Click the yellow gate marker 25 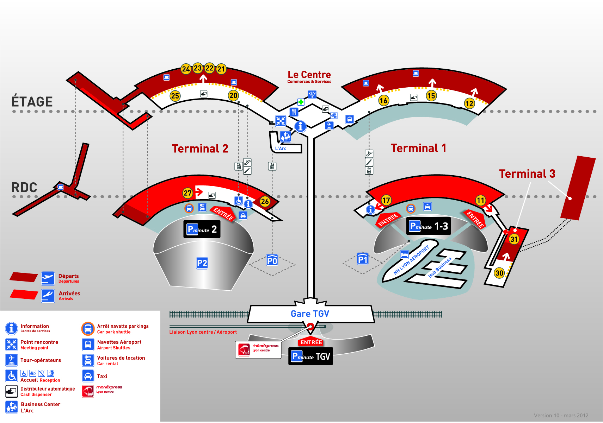coord(175,96)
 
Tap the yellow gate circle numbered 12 coord(469,103)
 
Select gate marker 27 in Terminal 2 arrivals coord(187,193)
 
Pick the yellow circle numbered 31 coord(514,239)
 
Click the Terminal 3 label coord(527,174)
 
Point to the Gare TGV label coord(310,314)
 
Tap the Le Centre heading coord(309,75)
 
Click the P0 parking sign coord(272,260)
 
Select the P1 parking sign coord(363,259)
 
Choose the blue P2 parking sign coord(202,263)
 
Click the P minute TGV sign coord(310,356)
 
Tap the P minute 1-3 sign coord(429,226)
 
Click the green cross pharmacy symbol coord(301,102)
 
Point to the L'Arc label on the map coord(281,149)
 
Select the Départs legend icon coord(48,278)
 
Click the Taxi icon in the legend coord(88,376)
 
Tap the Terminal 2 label coord(200,149)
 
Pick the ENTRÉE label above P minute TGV coord(311,342)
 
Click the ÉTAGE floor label coord(32,102)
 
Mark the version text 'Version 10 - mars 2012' coord(561,416)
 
